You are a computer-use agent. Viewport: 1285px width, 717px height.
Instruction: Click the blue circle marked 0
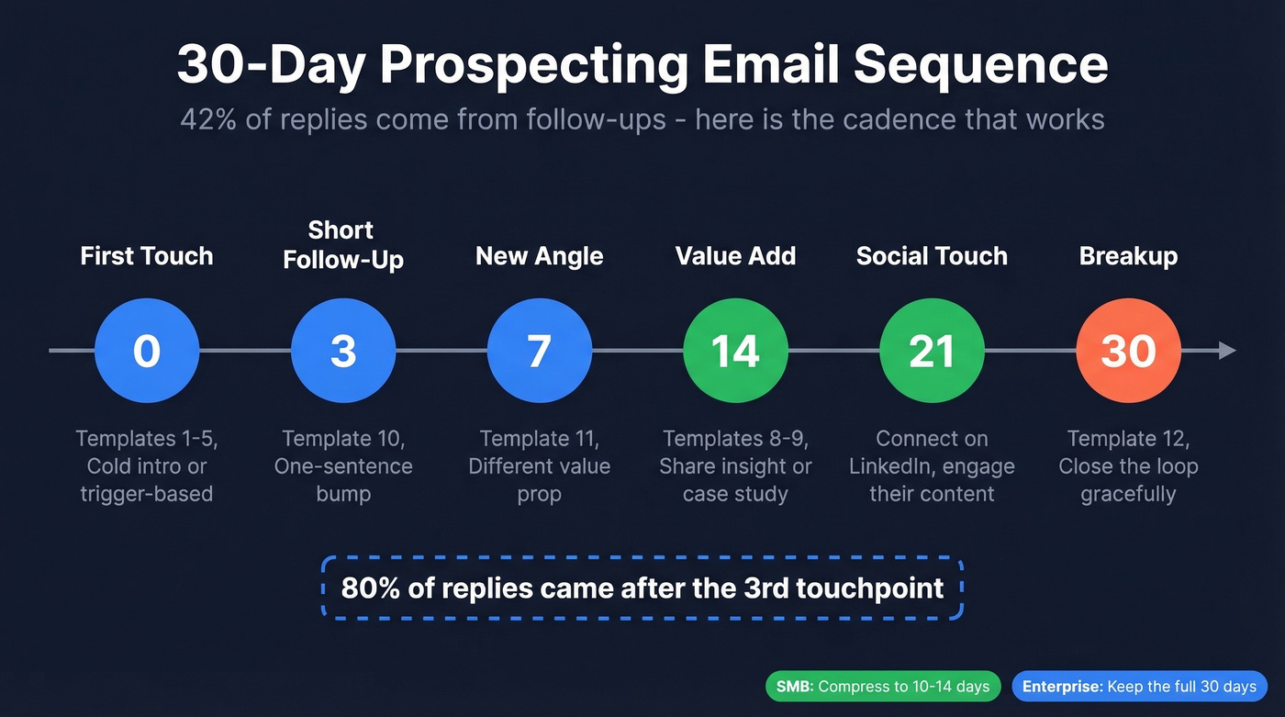pos(147,351)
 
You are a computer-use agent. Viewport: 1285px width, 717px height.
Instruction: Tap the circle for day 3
pos(343,351)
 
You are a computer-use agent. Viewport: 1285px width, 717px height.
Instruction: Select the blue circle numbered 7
pos(540,351)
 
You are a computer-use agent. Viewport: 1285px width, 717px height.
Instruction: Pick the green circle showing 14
pos(735,351)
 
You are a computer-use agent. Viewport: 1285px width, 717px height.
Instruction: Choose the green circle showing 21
pos(932,351)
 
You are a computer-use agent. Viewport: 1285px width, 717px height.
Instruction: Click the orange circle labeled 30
pos(1128,351)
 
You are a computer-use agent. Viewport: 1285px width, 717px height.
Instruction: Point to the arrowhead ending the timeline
pos(1227,351)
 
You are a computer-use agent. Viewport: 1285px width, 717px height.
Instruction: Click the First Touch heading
pos(147,256)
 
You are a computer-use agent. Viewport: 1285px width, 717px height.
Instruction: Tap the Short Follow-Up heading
pos(343,244)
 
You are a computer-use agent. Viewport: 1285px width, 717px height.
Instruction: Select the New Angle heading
pos(540,256)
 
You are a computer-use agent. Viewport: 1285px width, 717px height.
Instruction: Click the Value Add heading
pos(735,256)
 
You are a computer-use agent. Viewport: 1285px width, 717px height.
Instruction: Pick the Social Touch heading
pos(932,256)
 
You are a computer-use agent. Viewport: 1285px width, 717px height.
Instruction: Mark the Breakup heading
pos(1128,256)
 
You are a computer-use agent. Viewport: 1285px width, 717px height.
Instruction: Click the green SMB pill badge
pos(883,687)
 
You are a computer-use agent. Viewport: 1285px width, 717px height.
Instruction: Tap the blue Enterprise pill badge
pos(1139,687)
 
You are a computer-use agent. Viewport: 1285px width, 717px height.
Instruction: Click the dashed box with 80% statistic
pos(642,588)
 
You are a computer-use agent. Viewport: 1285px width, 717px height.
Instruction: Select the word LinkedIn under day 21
pos(895,466)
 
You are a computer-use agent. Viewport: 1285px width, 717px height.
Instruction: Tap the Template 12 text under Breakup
pos(1128,439)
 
